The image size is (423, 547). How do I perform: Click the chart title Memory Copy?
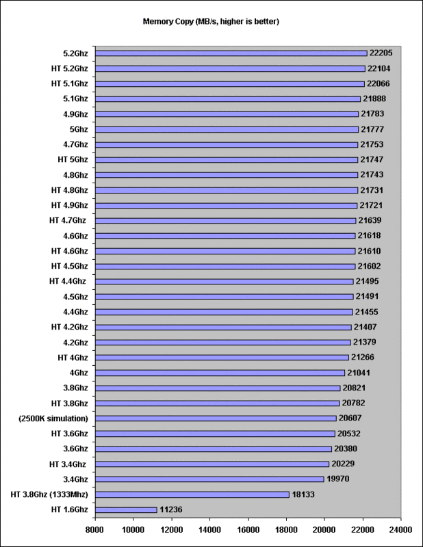168,22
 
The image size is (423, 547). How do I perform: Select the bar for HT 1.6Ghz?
126,509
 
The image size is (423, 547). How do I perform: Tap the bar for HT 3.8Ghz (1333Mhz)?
192,494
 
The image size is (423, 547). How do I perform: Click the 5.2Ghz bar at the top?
231,53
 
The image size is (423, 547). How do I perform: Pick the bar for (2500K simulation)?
216,418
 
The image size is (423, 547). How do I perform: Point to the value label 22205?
381,53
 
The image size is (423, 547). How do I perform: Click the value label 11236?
171,509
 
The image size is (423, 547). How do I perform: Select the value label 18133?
303,494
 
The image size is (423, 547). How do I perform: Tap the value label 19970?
337,479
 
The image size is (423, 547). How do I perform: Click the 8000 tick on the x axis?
94,530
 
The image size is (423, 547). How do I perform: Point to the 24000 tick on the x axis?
400,530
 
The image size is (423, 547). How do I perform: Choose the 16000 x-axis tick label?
248,530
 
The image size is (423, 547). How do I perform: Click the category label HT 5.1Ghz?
70,83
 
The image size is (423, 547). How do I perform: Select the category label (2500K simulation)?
53,418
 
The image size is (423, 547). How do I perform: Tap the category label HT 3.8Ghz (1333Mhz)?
49,494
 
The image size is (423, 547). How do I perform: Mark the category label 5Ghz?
79,129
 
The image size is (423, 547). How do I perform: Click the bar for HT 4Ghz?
222,358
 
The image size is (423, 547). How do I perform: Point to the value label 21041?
359,373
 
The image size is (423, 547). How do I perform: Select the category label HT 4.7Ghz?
68,220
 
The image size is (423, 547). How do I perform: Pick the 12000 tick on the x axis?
172,530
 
